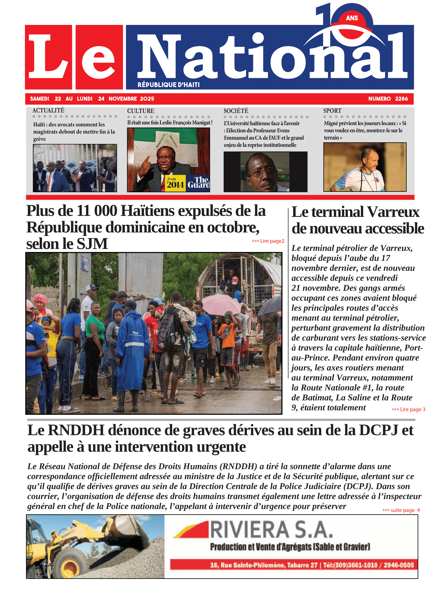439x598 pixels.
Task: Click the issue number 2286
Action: click(x=401, y=99)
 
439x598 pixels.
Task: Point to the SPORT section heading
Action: click(x=332, y=111)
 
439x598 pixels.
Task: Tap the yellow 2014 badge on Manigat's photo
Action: click(x=175, y=183)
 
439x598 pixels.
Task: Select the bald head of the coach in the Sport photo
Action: click(x=370, y=154)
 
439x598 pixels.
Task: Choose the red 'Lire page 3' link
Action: click(x=408, y=409)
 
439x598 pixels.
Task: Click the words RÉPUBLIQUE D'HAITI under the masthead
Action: click(x=168, y=85)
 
